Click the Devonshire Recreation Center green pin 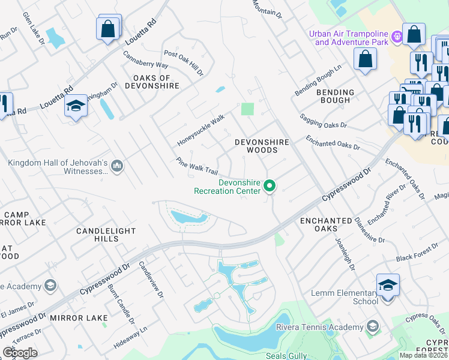click(270, 187)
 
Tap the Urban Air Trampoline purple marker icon click(397, 37)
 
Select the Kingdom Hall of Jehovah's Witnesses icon click(117, 166)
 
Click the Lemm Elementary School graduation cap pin click(388, 285)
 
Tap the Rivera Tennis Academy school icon click(372, 327)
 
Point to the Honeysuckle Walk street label click(200, 130)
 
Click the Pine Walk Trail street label click(197, 166)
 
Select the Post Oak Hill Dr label click(184, 63)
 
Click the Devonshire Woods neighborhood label click(262, 146)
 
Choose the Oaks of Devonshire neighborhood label click(152, 82)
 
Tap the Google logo click(20, 353)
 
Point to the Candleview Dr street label click(151, 280)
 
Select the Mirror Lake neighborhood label click(79, 317)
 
